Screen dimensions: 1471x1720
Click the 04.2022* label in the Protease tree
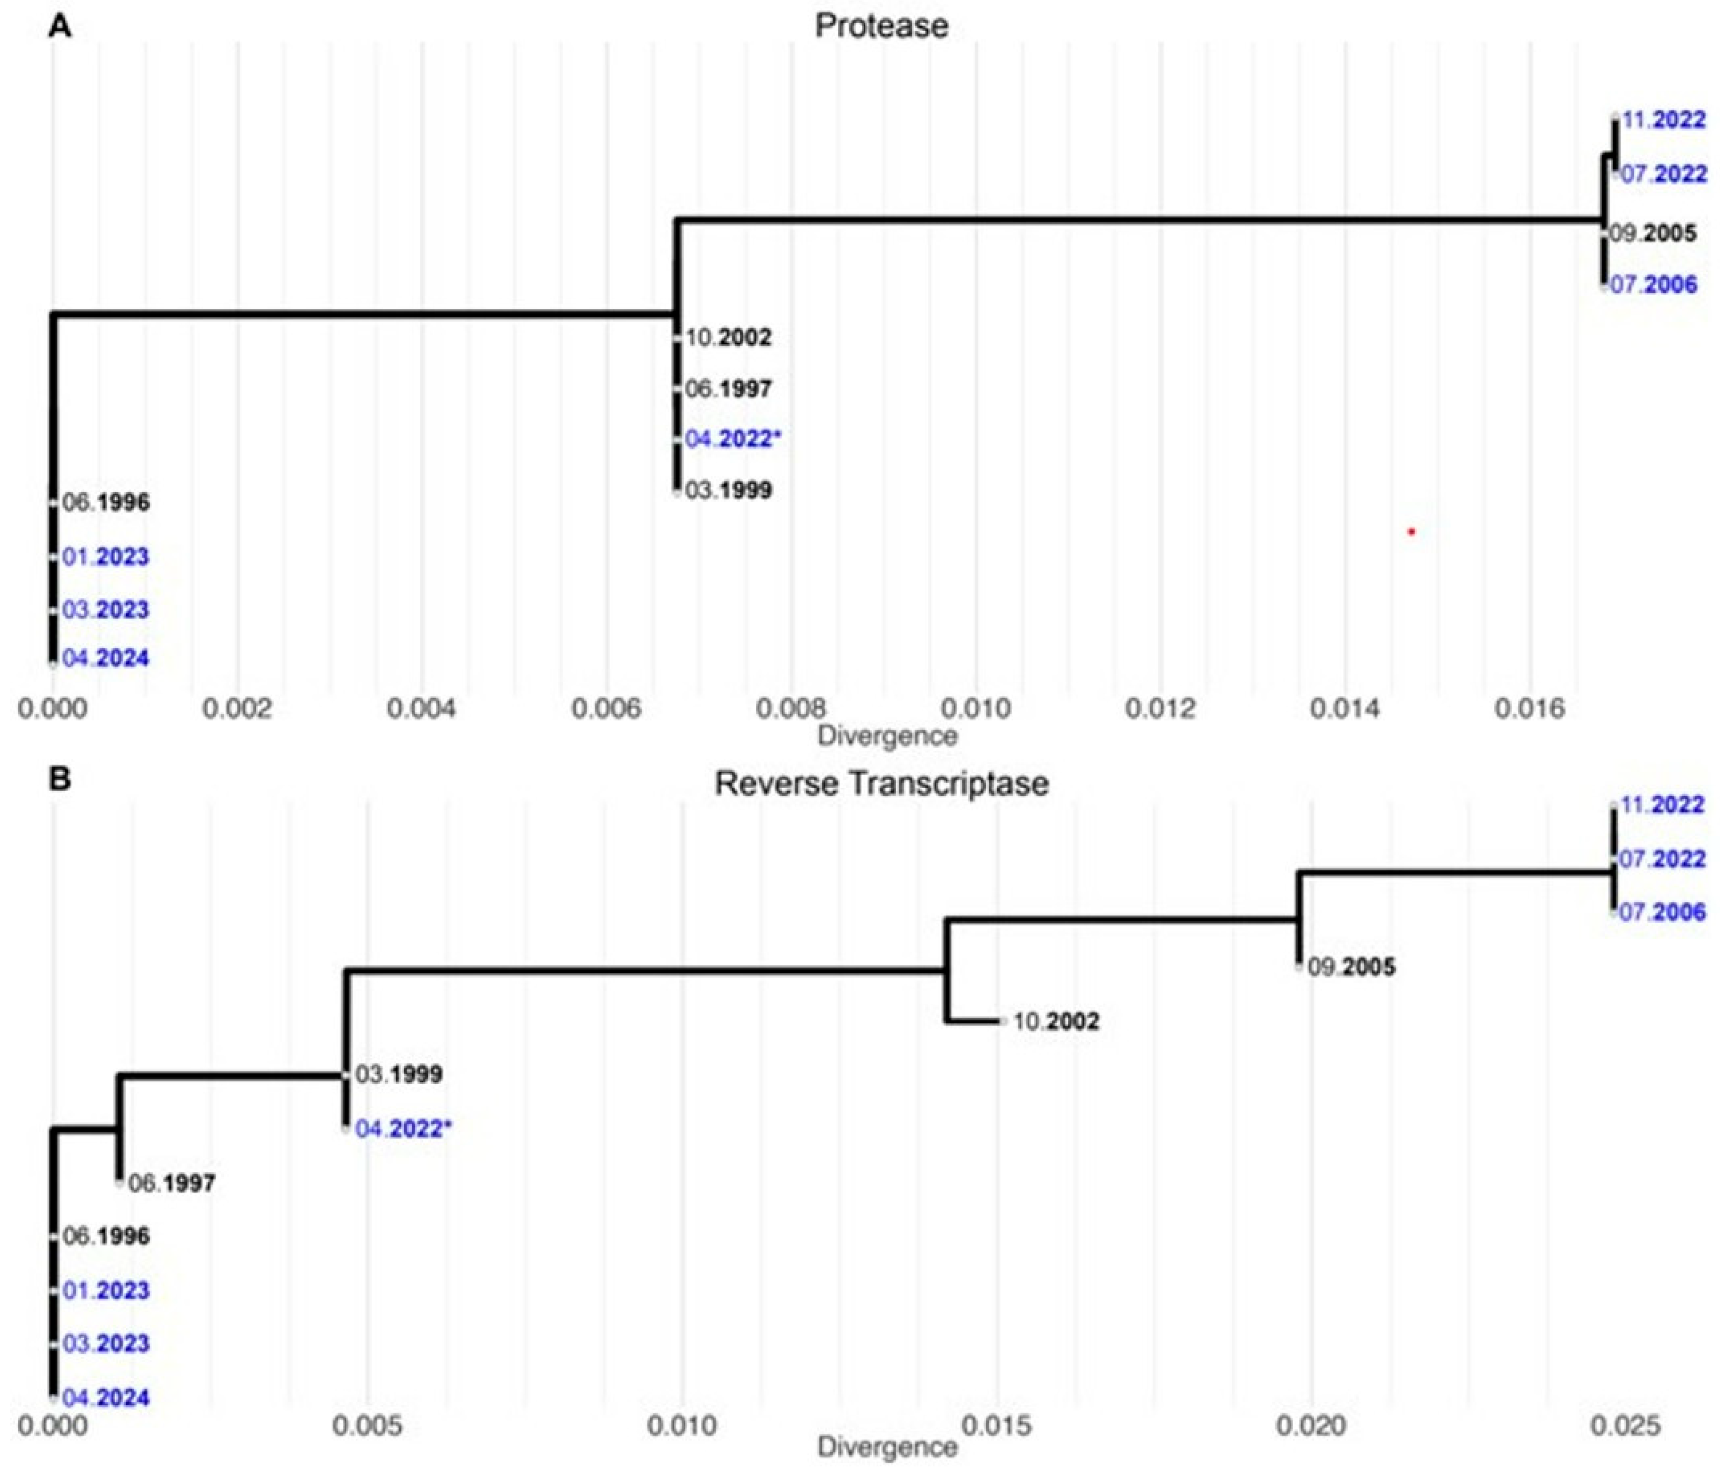tap(732, 439)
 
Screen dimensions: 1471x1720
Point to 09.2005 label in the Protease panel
tap(1652, 233)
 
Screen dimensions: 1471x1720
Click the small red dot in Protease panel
tap(1411, 531)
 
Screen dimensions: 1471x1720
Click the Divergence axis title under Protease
tap(887, 736)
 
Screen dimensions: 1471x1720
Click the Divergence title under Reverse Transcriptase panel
tap(887, 1447)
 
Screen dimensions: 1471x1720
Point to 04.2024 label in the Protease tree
tap(105, 658)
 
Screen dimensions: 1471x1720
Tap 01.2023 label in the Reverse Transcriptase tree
tap(105, 1290)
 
